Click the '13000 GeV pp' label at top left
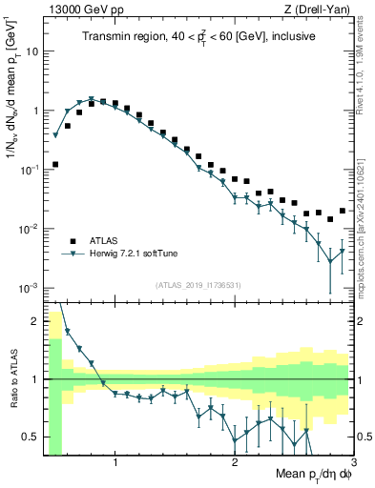(x=79, y=10)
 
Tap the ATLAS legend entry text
(x=104, y=240)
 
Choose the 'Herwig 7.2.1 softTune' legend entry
(x=133, y=254)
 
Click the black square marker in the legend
(x=72, y=240)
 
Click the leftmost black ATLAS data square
(x=55, y=164)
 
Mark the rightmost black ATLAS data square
(x=343, y=211)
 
